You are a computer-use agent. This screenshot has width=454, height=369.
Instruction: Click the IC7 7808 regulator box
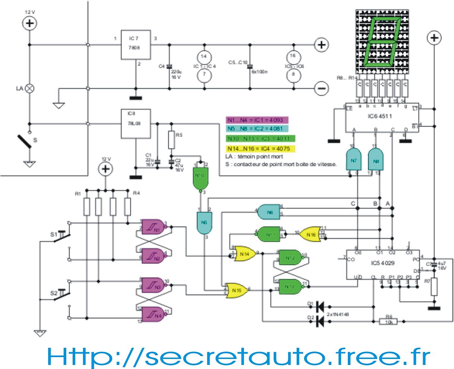pyautogui.click(x=136, y=44)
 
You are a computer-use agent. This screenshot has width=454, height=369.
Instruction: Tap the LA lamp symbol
pyautogui.click(x=30, y=88)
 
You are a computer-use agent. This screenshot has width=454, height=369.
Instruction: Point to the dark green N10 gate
pyautogui.click(x=200, y=178)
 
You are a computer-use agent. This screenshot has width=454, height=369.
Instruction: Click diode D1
pyautogui.click(x=319, y=307)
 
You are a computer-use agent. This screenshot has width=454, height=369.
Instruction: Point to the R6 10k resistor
pyautogui.click(x=388, y=321)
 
